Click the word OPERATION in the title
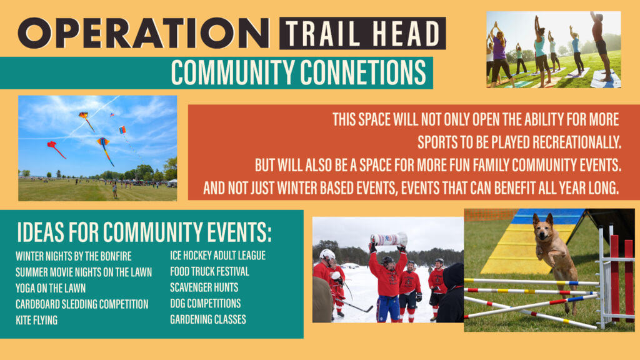[143, 33]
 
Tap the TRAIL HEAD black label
[362, 33]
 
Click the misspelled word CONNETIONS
[363, 72]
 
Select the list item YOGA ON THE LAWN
[51, 288]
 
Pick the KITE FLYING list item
[36, 320]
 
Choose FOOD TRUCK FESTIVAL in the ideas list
[209, 271]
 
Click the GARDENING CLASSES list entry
[207, 319]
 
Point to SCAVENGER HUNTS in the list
[204, 287]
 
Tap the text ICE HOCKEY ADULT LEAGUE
[217, 256]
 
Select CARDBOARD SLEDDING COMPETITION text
[82, 304]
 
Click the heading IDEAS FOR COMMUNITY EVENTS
[144, 232]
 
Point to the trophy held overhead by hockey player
[389, 239]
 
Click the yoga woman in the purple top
[499, 55]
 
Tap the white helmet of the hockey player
[327, 255]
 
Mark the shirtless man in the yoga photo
[601, 45]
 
